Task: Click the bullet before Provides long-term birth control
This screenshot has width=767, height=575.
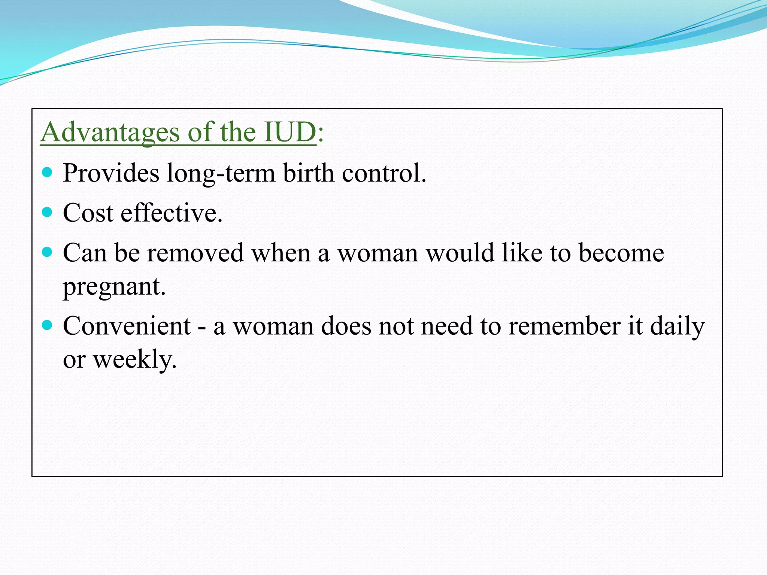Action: point(47,173)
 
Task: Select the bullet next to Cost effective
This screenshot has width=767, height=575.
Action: point(47,213)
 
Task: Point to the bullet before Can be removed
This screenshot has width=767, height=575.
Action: point(47,252)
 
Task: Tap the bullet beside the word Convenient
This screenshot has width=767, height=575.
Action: point(47,325)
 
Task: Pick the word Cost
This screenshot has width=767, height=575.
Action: point(88,213)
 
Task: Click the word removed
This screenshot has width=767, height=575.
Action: point(195,253)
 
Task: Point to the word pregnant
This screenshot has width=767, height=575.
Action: point(114,287)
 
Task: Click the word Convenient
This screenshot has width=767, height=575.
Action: point(127,326)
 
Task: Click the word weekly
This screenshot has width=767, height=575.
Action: point(134,360)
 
